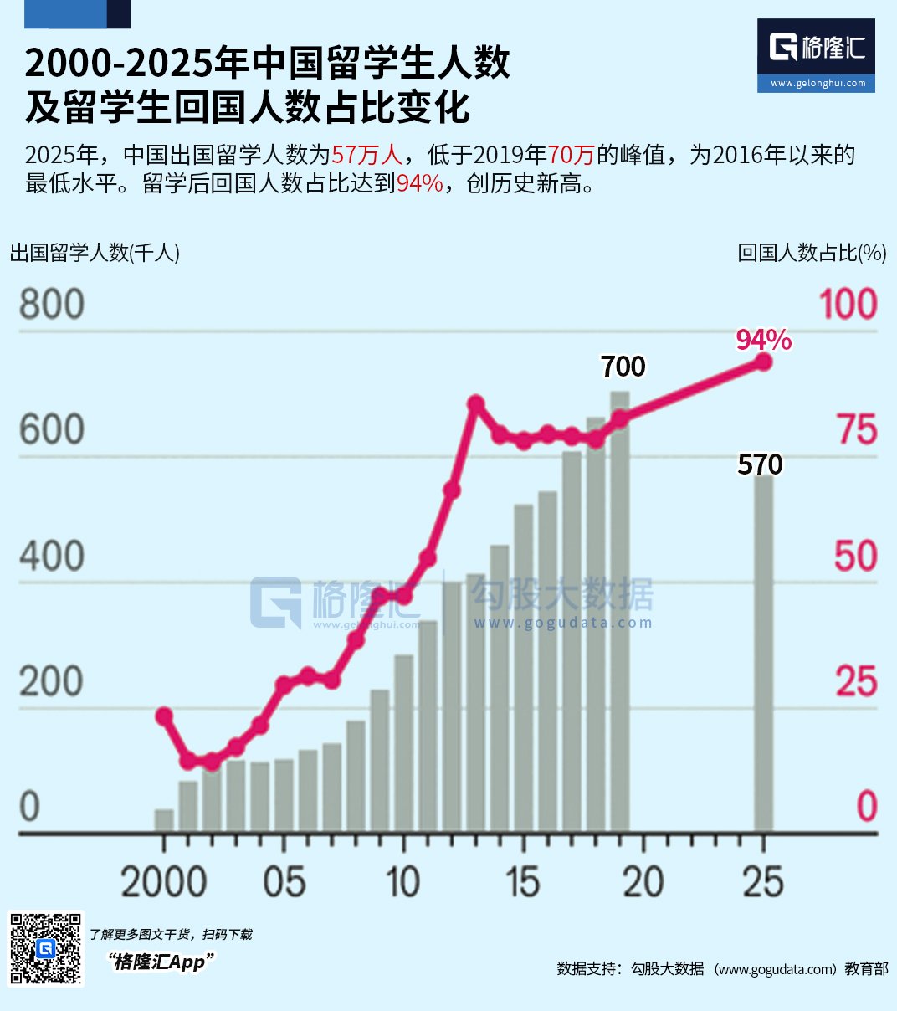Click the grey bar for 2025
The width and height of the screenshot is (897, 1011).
(763, 653)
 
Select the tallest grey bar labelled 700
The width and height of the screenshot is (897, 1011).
(620, 611)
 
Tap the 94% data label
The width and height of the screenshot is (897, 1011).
(764, 340)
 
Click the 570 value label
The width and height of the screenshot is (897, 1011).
(760, 464)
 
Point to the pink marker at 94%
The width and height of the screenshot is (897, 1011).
(763, 362)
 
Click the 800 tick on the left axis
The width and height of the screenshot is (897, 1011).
(51, 304)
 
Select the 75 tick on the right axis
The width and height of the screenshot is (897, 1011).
(858, 429)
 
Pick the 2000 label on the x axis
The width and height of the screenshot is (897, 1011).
(164, 882)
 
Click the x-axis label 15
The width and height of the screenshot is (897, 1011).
(523, 882)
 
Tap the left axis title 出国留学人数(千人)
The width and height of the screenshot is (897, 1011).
(95, 253)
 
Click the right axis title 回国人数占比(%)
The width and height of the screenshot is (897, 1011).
(812, 253)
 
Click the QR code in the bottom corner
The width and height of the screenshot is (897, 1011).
(45, 948)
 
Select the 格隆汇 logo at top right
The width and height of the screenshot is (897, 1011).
(816, 55)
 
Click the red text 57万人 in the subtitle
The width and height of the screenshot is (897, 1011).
(367, 155)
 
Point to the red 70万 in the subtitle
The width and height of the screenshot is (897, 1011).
(571, 155)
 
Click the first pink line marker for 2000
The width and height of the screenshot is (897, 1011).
(164, 716)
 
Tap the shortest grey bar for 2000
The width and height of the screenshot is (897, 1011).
(164, 820)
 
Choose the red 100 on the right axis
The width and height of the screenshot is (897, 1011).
(848, 304)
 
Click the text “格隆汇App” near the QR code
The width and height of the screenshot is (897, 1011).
(161, 962)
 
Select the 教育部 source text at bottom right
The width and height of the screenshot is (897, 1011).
(867, 968)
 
